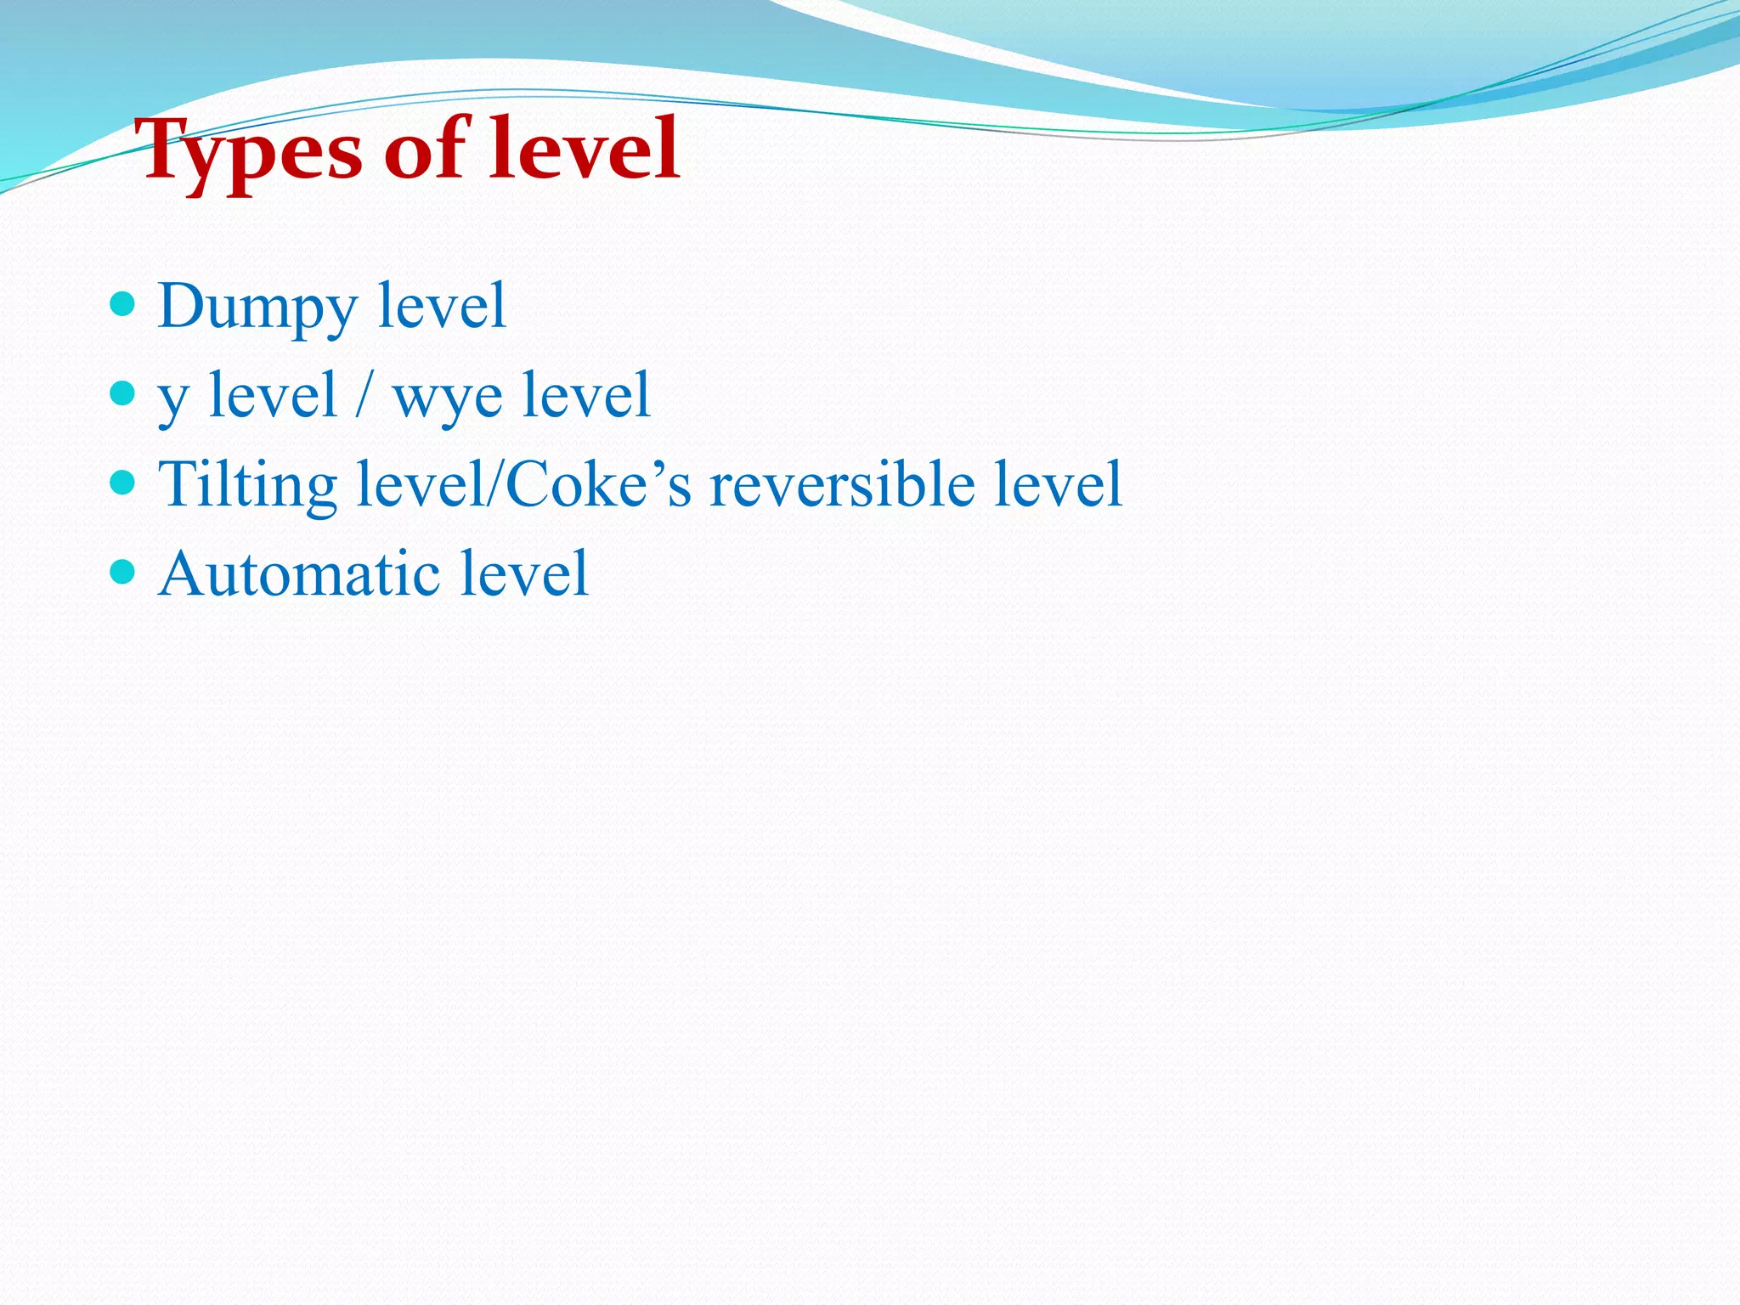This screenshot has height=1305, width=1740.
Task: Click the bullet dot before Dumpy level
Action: point(123,303)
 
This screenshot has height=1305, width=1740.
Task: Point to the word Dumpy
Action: point(257,308)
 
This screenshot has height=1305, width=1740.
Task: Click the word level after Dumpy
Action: point(442,305)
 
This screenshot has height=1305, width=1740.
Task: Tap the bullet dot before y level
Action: point(123,393)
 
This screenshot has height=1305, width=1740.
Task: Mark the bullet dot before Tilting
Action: point(123,483)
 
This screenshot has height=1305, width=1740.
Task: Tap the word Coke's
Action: point(598,483)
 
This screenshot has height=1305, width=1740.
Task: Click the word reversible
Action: point(842,483)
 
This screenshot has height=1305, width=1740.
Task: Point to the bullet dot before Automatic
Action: point(123,572)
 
